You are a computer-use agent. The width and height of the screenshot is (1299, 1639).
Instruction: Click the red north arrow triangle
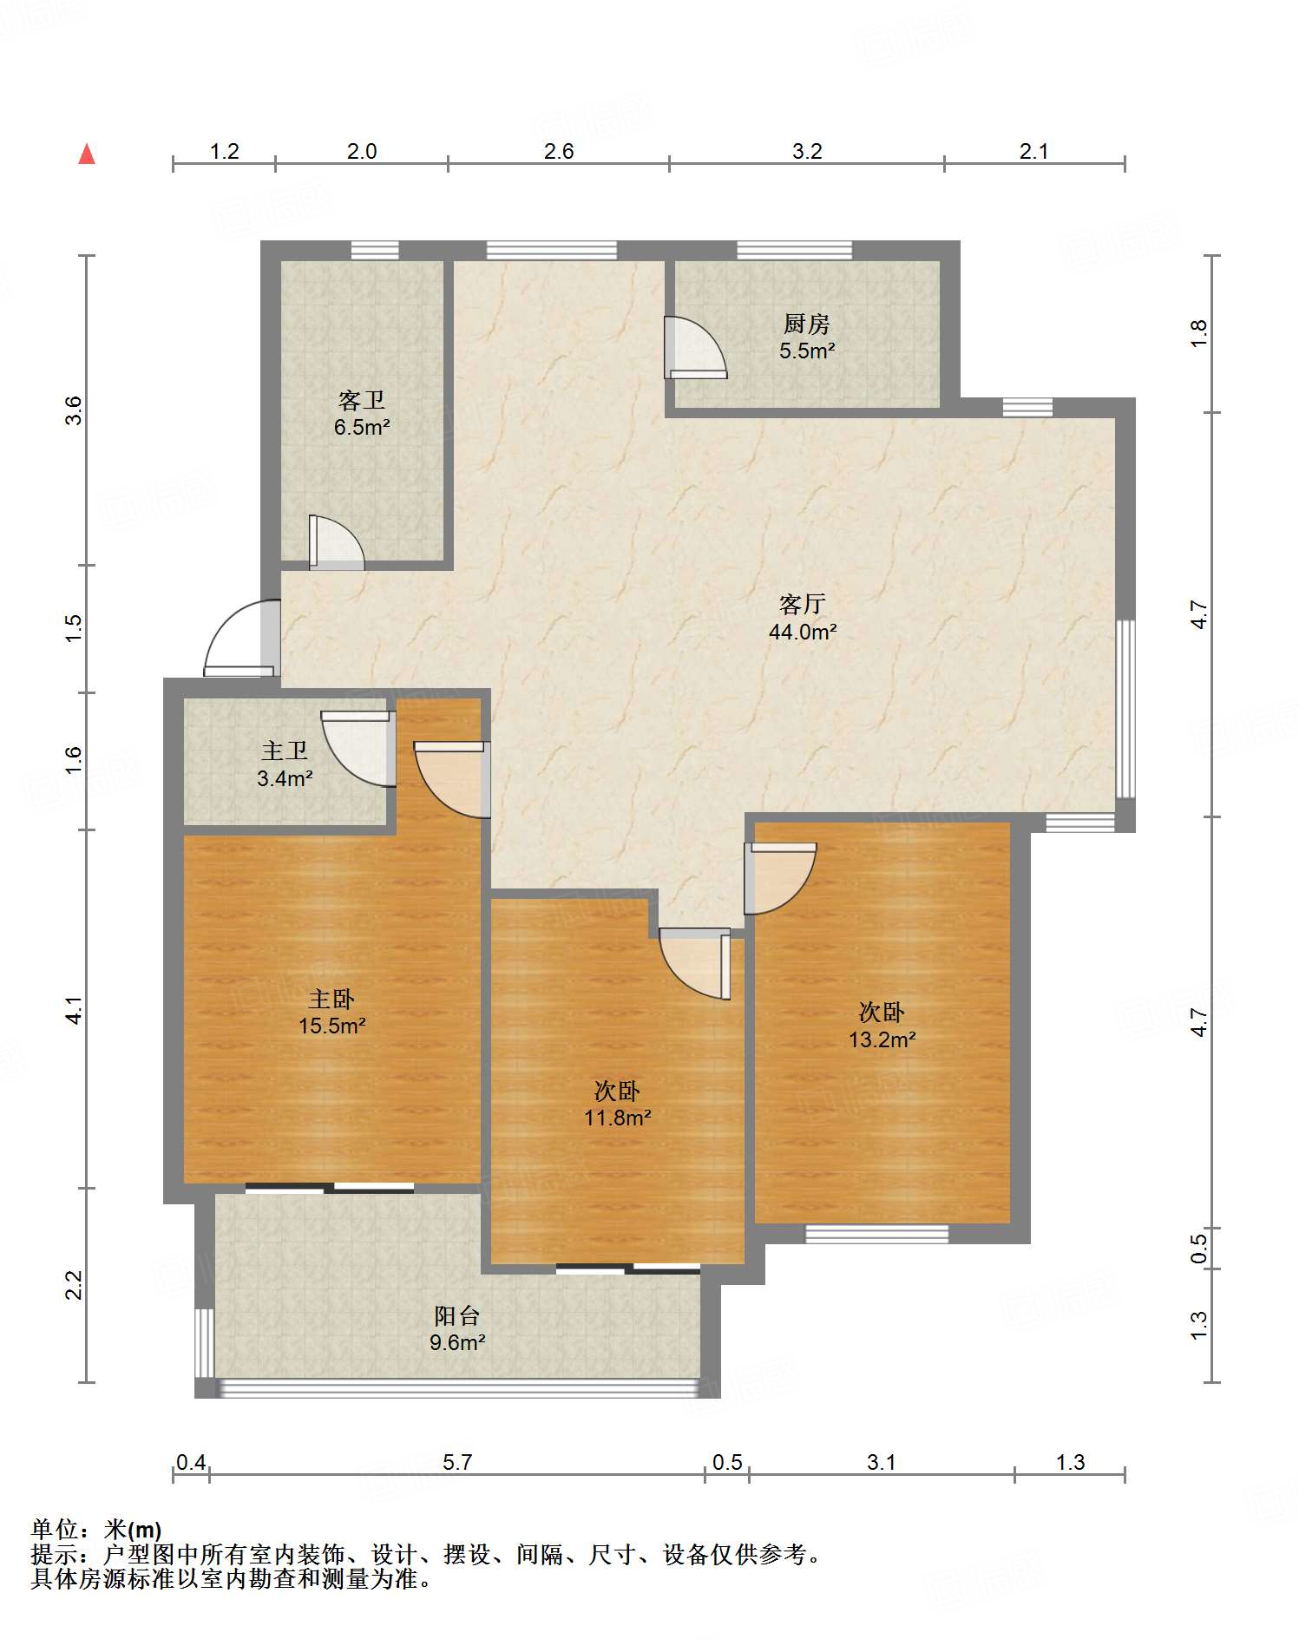pos(87,154)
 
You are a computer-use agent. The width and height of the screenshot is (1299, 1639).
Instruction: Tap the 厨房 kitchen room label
pos(806,325)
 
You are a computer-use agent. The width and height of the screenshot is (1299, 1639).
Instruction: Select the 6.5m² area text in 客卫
pos(362,427)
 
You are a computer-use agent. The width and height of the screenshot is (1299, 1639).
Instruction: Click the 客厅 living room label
pos(802,604)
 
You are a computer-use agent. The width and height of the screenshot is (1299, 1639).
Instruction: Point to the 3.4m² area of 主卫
pos(285,778)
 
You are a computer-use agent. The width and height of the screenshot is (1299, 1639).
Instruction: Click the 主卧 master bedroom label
pos(331,999)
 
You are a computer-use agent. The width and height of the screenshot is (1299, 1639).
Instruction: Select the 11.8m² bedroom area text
pos(617,1118)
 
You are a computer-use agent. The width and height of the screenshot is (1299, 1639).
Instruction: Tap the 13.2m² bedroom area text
pos(882,1039)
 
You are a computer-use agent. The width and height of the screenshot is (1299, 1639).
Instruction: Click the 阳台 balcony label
pos(456,1315)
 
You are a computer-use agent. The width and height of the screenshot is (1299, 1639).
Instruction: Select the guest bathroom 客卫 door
pos(335,544)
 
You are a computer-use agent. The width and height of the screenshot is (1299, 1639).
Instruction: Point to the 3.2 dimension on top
pos(806,152)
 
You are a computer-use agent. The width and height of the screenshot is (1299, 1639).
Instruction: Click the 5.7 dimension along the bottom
pos(456,1462)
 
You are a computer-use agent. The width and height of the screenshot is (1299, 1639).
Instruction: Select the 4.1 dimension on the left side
pos(75,1010)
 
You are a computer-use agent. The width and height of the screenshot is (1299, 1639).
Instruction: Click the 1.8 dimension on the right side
pos(1198,333)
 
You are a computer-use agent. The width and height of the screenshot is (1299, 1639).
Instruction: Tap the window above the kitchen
pos(794,251)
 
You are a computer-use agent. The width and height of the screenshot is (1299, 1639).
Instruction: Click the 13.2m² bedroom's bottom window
pos(876,1233)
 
